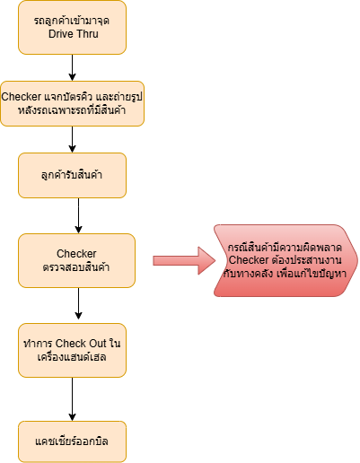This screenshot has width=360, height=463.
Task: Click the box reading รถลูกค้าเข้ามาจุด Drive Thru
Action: pos(72,28)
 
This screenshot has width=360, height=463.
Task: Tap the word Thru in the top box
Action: pos(87,34)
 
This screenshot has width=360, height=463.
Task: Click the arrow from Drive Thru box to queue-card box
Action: pos(72,67)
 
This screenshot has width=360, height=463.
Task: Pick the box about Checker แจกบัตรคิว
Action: pos(72,103)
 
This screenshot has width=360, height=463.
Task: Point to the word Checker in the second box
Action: pos(22,97)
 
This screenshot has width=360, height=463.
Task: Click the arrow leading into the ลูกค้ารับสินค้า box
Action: pos(72,139)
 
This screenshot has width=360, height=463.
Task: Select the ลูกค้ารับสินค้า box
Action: pos(72,175)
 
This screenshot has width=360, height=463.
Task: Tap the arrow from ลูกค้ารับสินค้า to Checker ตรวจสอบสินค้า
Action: pos(78,215)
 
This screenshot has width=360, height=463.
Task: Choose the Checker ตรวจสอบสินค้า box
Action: pos(76,260)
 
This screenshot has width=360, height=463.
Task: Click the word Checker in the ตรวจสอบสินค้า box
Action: pos(76,254)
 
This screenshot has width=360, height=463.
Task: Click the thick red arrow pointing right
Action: pos(184,260)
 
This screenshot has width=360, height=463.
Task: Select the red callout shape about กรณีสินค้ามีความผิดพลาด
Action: pos(285,260)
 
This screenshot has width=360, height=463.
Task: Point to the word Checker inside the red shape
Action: pos(249,260)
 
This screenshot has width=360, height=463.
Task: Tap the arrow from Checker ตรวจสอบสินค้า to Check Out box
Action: pos(78,303)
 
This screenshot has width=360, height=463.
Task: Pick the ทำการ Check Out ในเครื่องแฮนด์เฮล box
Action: pos(72,350)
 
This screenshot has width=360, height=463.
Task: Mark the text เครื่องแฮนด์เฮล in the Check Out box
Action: pos(72,357)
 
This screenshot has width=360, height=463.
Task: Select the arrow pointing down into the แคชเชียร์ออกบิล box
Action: pos(72,399)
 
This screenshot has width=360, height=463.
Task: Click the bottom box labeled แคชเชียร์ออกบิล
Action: pos(72,441)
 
